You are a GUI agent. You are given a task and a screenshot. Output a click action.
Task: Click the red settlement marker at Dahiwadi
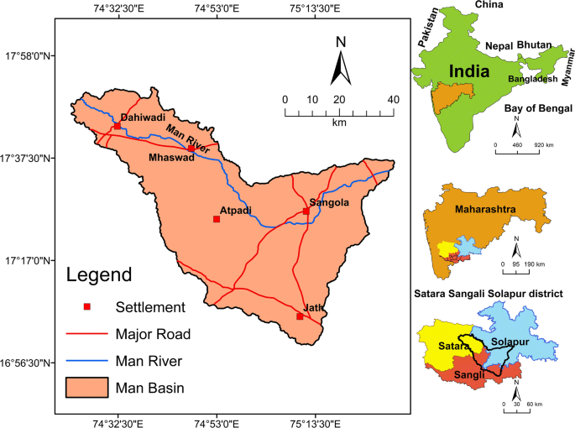pyautogui.click(x=117, y=126)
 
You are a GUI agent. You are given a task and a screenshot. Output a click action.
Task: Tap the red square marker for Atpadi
pyautogui.click(x=217, y=219)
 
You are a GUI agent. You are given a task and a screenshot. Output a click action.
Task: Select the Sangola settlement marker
pyautogui.click(x=306, y=211)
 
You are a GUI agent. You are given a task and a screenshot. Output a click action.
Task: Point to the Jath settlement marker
pyautogui.click(x=300, y=316)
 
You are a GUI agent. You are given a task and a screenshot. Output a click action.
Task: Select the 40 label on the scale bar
pyautogui.click(x=392, y=100)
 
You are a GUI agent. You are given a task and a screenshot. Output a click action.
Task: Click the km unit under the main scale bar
pyautogui.click(x=339, y=123)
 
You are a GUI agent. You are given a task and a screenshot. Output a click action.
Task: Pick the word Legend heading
pyautogui.click(x=99, y=274)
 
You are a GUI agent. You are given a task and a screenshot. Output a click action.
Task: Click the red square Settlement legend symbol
pyautogui.click(x=84, y=306)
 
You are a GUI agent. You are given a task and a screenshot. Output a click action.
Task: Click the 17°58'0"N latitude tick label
pyautogui.click(x=30, y=56)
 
